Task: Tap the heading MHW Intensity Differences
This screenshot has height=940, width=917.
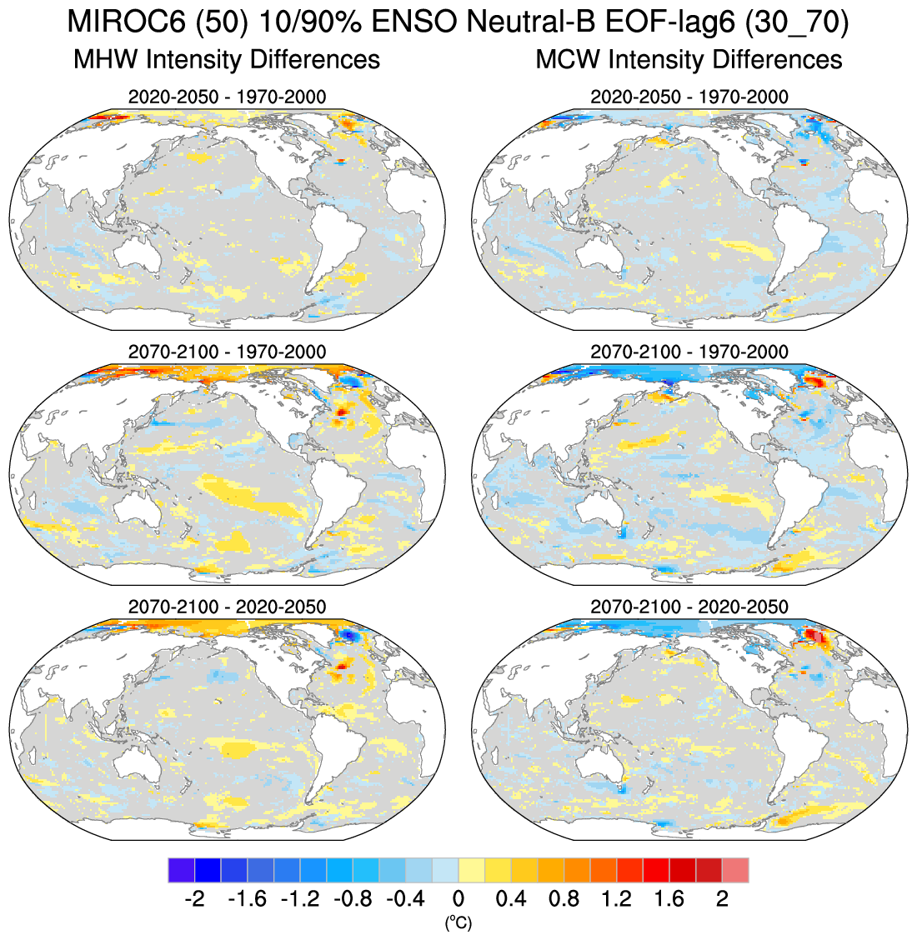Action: [x=227, y=60]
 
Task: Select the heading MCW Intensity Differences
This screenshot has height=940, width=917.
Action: [x=689, y=60]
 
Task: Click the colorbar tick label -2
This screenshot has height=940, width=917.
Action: [x=194, y=899]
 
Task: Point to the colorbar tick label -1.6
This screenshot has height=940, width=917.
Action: [x=247, y=899]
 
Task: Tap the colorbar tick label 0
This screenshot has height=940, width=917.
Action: [x=458, y=899]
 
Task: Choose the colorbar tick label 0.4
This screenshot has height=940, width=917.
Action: [x=511, y=899]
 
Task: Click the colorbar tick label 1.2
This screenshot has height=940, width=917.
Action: [x=617, y=899]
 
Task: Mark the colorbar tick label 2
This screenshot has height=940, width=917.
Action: [x=722, y=899]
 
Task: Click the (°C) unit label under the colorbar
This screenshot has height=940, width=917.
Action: [x=458, y=922]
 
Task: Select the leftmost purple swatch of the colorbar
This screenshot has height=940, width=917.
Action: [x=181, y=870]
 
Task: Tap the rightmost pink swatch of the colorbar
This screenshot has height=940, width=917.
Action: [x=735, y=870]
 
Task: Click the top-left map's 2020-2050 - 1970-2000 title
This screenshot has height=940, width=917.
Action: [x=227, y=97]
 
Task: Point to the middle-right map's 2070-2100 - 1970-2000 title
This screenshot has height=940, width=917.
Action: [x=689, y=352]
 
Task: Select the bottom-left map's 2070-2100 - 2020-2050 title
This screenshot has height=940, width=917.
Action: [x=227, y=607]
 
